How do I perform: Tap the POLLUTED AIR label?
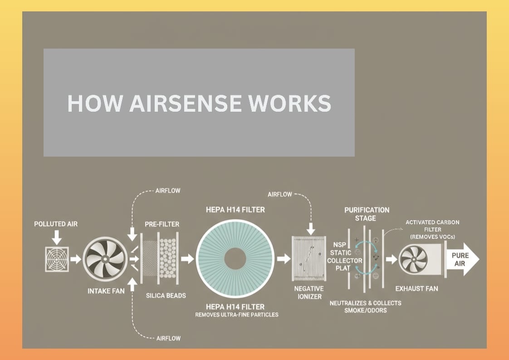click(56, 224)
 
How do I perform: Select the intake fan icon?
click(105, 259)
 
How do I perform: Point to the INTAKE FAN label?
click(106, 291)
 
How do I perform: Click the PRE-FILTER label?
click(162, 224)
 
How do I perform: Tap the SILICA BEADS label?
click(166, 296)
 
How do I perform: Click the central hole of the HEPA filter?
click(235, 259)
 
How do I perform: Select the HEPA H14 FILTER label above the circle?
click(235, 210)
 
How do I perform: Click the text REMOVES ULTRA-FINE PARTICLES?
click(237, 315)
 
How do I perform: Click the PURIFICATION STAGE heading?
click(367, 214)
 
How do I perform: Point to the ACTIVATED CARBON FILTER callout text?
click(432, 229)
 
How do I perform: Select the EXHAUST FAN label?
click(416, 288)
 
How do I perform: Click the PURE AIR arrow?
click(462, 259)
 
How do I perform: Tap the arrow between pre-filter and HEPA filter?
click(187, 259)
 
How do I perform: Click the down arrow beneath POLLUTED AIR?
click(57, 237)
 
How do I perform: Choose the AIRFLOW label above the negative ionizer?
click(280, 194)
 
